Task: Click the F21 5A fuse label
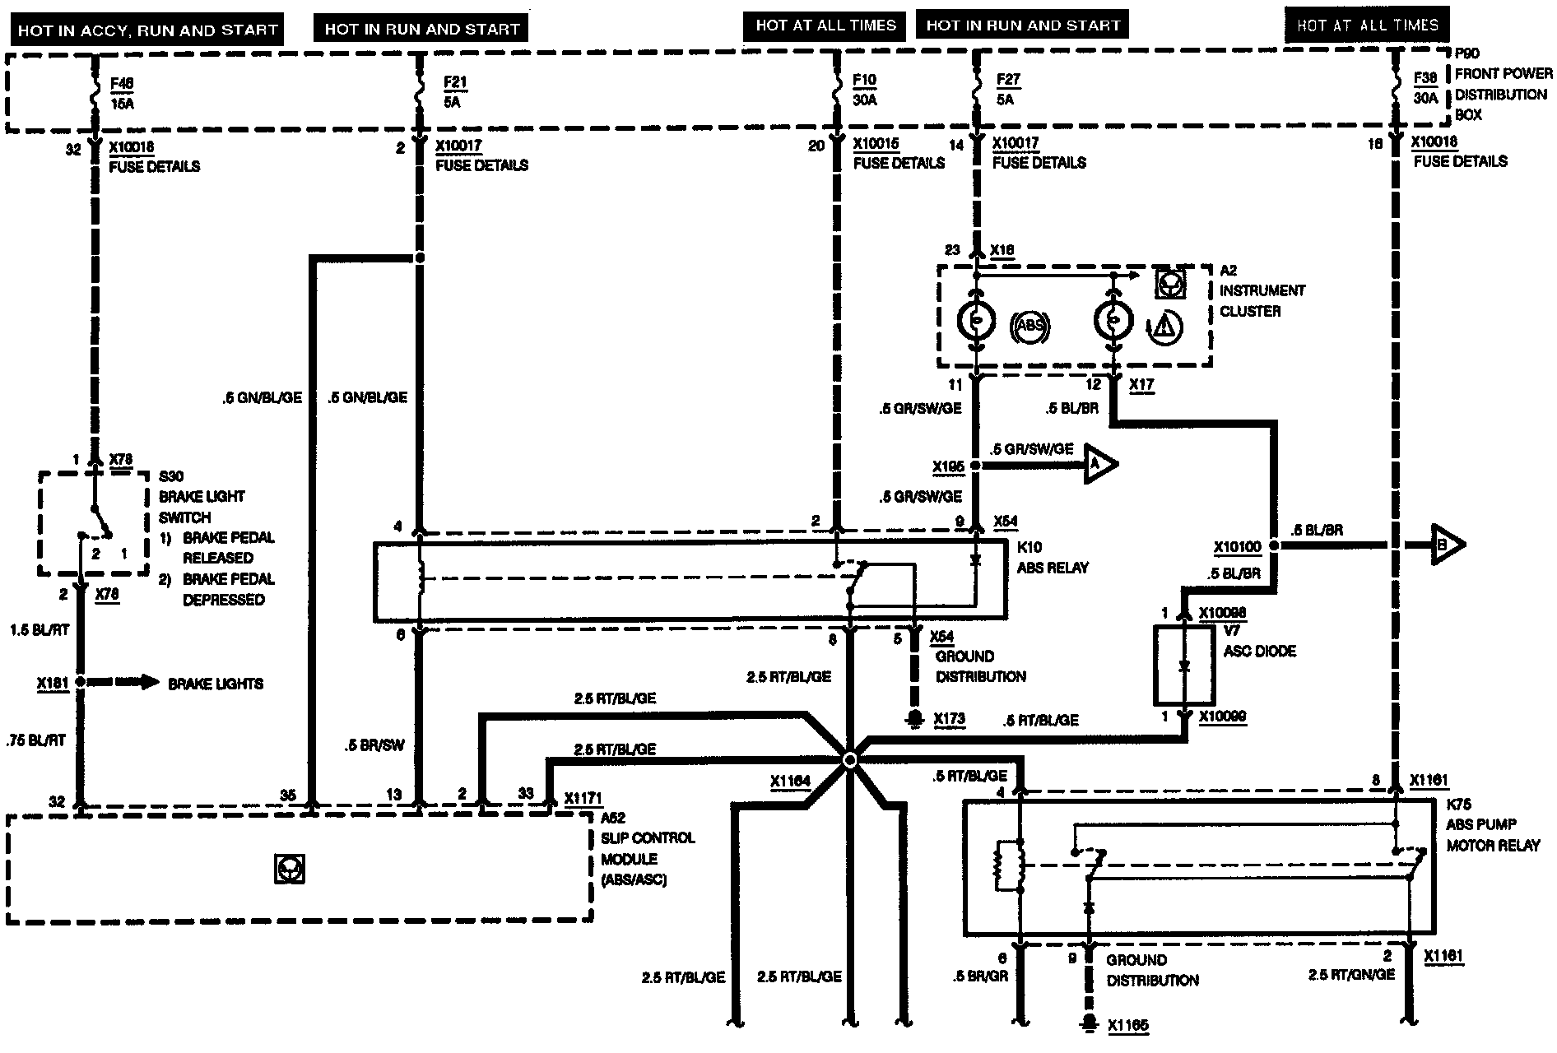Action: coord(452,91)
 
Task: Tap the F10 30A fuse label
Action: coord(865,90)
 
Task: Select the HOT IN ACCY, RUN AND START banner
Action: coord(148,30)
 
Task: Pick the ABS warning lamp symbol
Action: coord(1029,325)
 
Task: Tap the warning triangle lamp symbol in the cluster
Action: coord(1164,327)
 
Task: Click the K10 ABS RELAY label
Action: coord(1053,557)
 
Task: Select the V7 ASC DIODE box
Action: coord(1184,665)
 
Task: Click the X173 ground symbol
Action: coord(913,719)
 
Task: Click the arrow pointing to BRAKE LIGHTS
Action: coord(123,682)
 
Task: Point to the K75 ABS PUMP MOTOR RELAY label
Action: coord(1492,825)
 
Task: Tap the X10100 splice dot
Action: coord(1274,545)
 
